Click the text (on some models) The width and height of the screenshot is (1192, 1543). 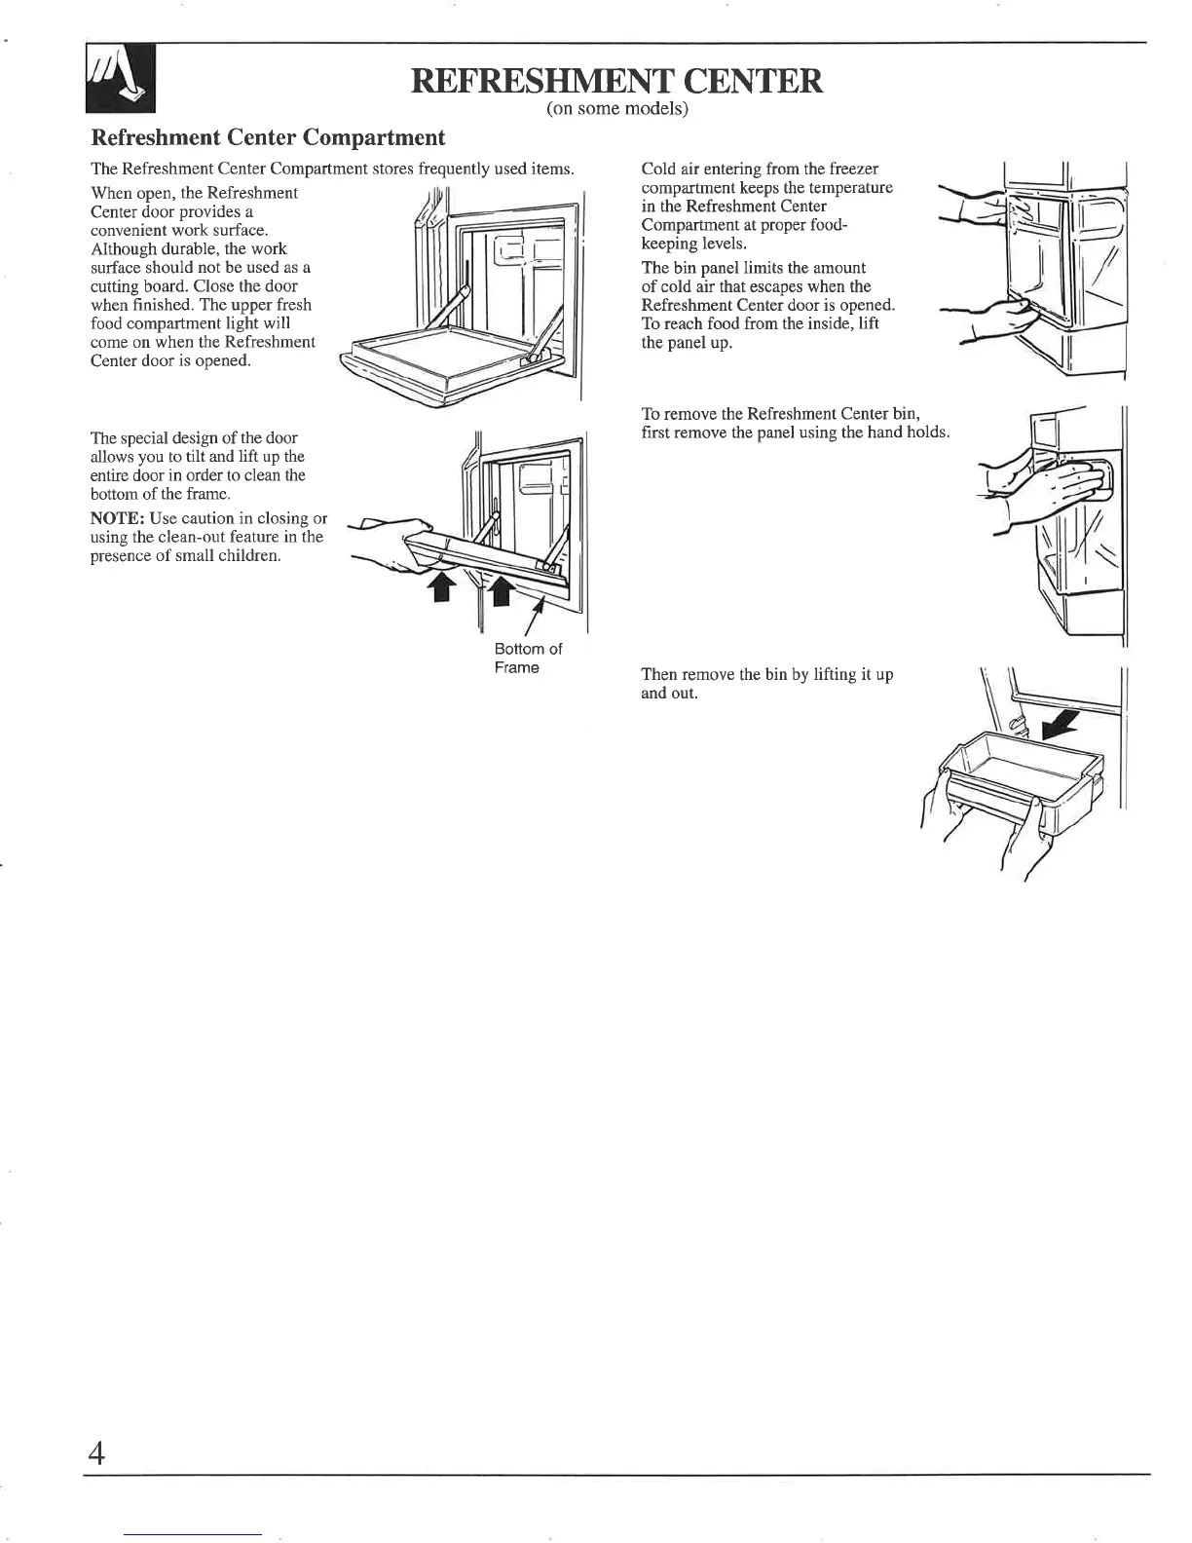coord(617,110)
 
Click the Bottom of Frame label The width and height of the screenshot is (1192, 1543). coord(528,659)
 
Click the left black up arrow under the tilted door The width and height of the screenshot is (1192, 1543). coord(441,586)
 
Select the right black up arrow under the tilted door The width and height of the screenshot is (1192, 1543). coord(499,588)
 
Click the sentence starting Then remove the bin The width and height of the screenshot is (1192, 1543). coord(767,674)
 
